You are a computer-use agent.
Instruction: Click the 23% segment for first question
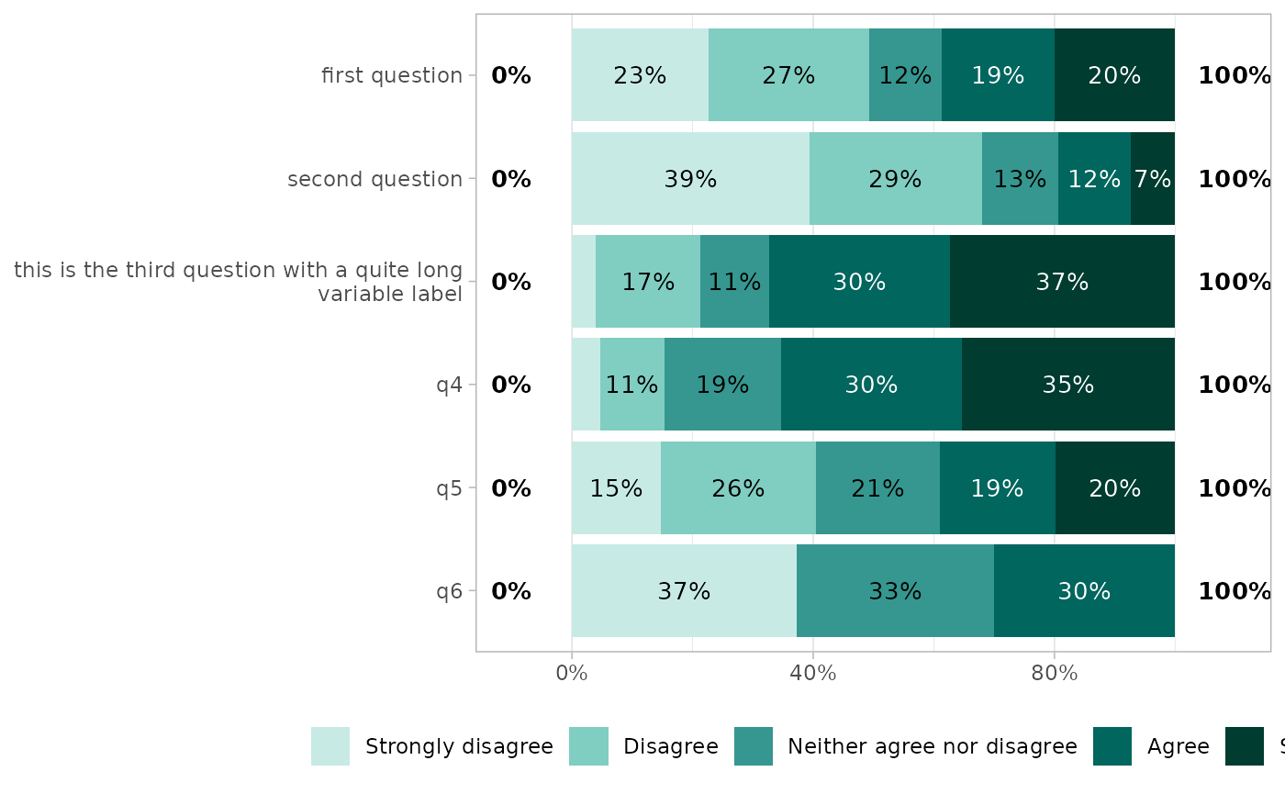tap(640, 75)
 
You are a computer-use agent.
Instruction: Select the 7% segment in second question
tap(1152, 179)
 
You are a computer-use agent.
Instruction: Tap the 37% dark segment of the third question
tap(1062, 282)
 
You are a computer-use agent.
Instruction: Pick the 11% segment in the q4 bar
tap(631, 385)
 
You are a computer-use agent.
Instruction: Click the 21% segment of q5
tap(877, 488)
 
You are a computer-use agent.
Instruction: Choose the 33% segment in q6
tap(895, 591)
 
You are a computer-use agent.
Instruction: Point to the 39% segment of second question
tap(690, 179)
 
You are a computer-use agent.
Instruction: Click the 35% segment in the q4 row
tap(1067, 385)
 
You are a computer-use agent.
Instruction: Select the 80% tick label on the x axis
tap(1054, 674)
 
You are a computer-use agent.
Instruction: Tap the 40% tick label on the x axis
tap(812, 674)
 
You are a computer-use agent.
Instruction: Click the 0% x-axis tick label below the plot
tap(572, 674)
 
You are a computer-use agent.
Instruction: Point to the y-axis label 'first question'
tap(392, 75)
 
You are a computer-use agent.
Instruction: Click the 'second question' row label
tap(374, 179)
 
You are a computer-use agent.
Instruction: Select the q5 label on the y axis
tap(449, 488)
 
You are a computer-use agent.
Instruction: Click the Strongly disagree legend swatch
tap(330, 746)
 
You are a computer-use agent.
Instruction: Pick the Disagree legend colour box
tap(588, 746)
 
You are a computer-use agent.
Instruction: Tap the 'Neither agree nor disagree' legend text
tap(932, 746)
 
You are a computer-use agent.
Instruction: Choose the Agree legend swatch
tap(1112, 746)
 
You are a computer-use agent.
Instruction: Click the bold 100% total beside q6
tap(1234, 591)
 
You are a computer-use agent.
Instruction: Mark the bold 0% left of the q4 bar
tap(511, 385)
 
